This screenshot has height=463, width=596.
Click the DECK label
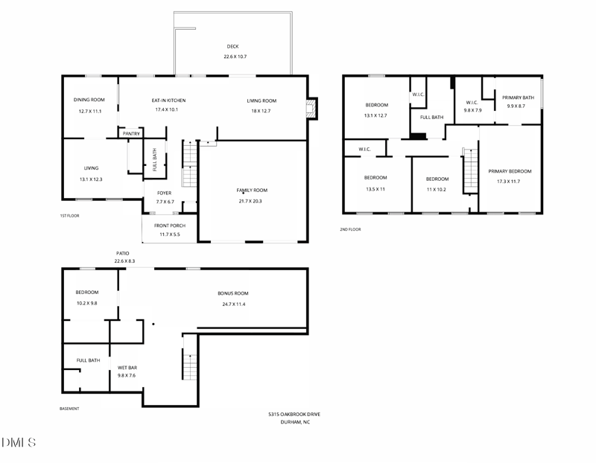click(232, 46)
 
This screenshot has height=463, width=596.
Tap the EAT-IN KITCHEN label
click(168, 100)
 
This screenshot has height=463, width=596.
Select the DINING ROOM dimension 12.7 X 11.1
click(89, 111)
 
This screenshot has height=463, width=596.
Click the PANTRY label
click(132, 134)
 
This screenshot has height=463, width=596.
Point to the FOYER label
click(164, 193)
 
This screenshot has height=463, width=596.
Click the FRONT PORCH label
click(169, 226)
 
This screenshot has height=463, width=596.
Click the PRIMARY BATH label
click(518, 98)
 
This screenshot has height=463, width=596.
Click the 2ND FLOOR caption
click(350, 229)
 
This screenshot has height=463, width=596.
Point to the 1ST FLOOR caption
click(69, 216)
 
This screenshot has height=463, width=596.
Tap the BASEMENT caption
click(69, 409)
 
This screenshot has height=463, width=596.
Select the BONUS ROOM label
click(233, 293)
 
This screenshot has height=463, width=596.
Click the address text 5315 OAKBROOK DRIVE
click(294, 415)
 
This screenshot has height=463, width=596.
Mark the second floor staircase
click(470, 171)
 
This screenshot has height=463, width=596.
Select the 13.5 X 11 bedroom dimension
click(375, 189)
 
